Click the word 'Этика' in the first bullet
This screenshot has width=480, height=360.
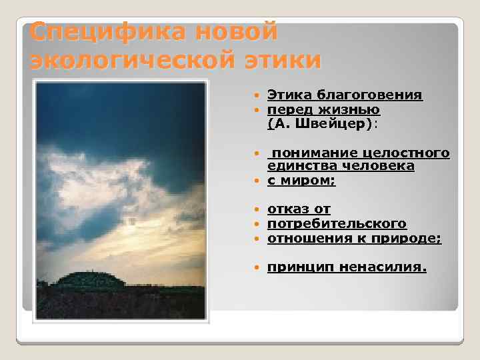point(290,95)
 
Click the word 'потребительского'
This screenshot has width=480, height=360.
point(337,223)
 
